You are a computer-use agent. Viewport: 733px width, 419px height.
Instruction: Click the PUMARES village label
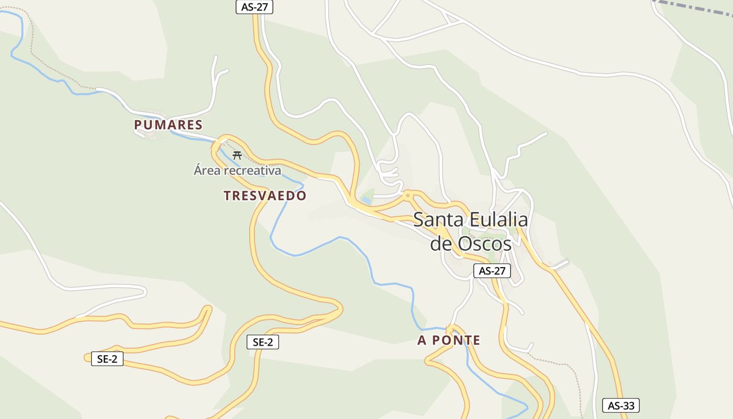click(168, 125)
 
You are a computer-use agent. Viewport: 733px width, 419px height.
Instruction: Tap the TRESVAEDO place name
click(265, 196)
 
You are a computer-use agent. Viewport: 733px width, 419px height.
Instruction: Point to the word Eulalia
click(498, 220)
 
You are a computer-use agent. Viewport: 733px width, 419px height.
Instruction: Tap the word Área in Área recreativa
click(207, 170)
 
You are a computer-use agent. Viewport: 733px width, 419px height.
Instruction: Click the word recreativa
click(252, 170)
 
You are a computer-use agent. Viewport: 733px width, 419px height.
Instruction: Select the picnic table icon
click(237, 155)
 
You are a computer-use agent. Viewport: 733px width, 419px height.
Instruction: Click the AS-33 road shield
click(621, 405)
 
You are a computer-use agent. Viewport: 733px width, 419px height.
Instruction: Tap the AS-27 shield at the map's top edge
click(254, 7)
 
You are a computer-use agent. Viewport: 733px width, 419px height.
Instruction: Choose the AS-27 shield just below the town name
click(492, 271)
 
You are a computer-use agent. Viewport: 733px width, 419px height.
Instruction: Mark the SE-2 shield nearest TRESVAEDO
click(263, 343)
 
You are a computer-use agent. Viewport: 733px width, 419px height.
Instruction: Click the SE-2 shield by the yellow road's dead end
click(107, 359)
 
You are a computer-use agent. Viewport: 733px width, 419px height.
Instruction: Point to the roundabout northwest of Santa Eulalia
click(408, 195)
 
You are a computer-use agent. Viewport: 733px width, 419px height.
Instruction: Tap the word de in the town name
click(441, 244)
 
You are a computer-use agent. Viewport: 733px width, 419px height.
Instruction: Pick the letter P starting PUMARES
click(138, 125)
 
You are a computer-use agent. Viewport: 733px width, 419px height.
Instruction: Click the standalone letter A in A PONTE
click(422, 340)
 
